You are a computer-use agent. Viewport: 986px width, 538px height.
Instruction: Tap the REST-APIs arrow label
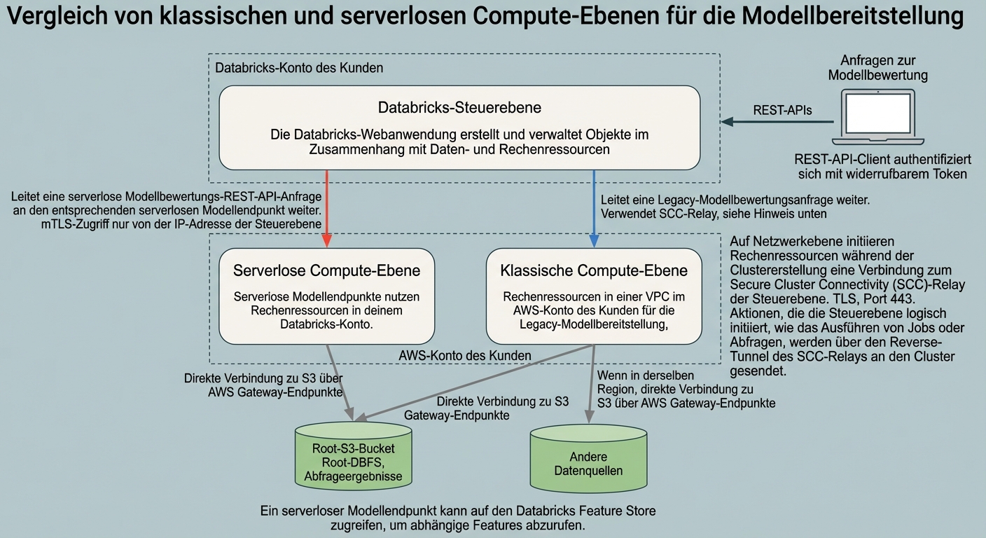click(x=782, y=109)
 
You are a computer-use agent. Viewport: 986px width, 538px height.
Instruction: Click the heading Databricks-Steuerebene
click(x=459, y=107)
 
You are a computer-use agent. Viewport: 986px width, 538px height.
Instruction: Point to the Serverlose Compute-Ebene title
click(x=326, y=270)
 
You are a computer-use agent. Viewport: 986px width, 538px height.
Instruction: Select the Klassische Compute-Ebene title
click(x=594, y=270)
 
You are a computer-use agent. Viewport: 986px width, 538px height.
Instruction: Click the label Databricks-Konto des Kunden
click(x=299, y=68)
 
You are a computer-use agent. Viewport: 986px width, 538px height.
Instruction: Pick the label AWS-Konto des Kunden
click(x=465, y=355)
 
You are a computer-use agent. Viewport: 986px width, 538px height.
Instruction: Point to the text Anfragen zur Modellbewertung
click(x=877, y=67)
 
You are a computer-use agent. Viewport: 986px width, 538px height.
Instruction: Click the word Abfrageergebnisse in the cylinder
click(x=353, y=476)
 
